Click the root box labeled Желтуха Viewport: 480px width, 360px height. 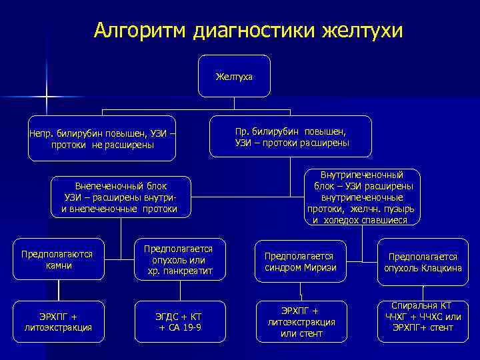click(234, 77)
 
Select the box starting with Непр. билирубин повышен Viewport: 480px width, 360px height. click(102, 139)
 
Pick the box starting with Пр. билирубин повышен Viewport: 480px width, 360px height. click(292, 137)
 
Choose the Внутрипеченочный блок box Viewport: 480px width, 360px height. click(361, 197)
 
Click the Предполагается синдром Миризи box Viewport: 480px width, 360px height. click(300, 261)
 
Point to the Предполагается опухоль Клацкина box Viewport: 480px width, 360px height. click(423, 261)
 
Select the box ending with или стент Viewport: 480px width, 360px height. click(301, 322)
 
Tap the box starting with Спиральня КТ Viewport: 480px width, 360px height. click(423, 317)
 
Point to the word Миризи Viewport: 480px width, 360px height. click(319, 267)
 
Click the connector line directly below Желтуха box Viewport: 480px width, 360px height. click(234, 103)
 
